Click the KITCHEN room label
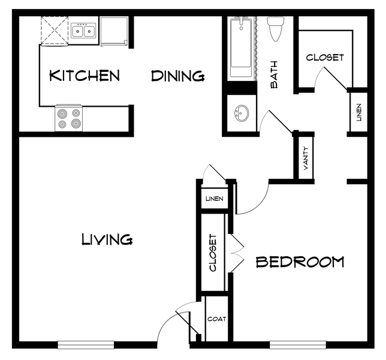(85, 76)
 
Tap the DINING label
(178, 76)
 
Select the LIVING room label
(107, 239)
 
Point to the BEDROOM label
(300, 262)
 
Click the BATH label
(274, 74)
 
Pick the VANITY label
(306, 158)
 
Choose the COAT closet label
(216, 319)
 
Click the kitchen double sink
(83, 31)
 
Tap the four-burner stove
(69, 118)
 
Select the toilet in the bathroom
(276, 28)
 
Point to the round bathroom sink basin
(241, 113)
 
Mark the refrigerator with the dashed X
(55, 31)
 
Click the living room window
(86, 345)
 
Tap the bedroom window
(298, 345)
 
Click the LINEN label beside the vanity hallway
(359, 112)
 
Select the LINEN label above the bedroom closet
(215, 199)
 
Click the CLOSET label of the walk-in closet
(325, 58)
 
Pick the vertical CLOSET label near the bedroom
(213, 253)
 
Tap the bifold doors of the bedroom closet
(236, 253)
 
